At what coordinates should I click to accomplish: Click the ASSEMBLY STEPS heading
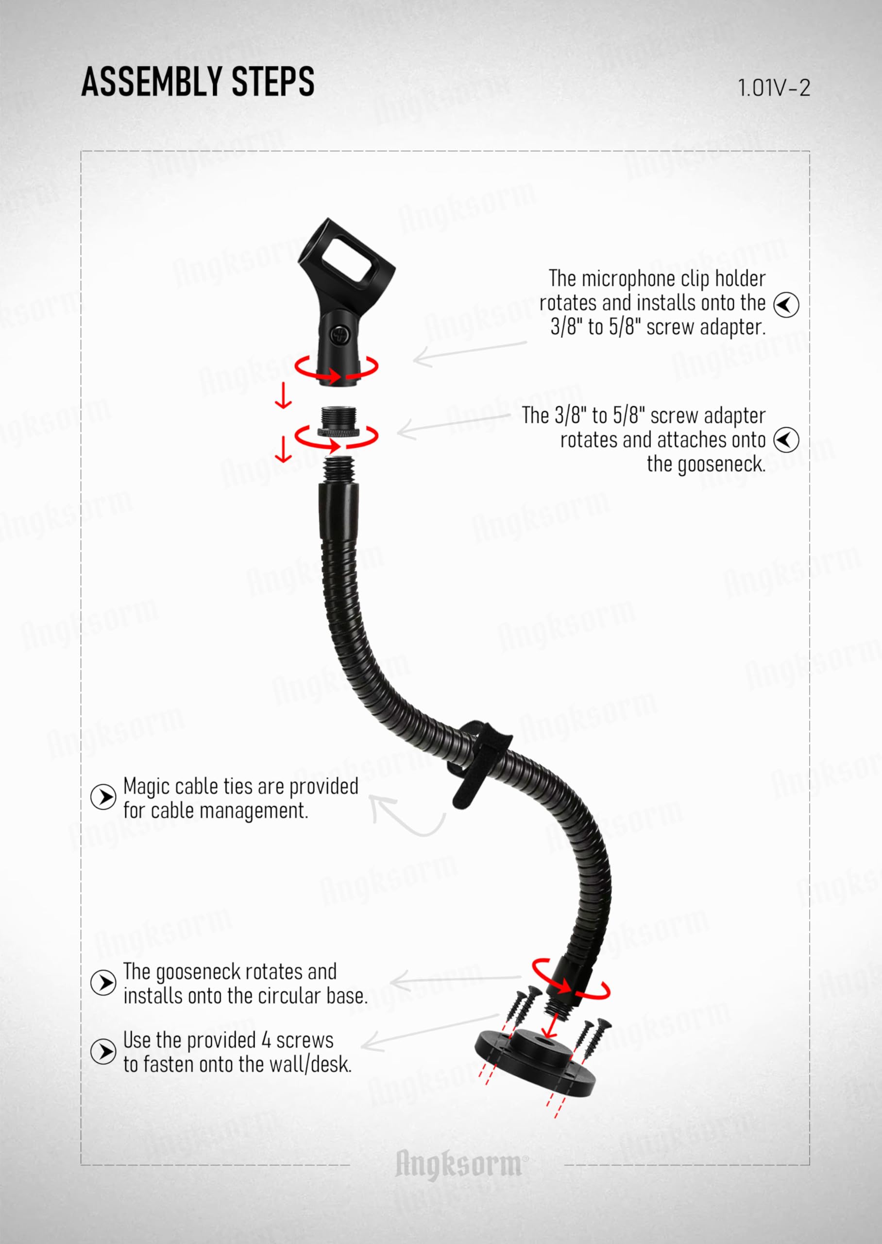coord(198,82)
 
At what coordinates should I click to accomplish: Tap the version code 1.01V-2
coord(773,88)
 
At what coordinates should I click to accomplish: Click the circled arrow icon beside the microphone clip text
coord(786,304)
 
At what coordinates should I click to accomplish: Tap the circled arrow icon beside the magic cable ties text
coord(103,797)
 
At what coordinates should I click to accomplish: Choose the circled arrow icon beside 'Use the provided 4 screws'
coord(103,1051)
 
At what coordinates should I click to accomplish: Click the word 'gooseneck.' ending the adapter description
coord(706,465)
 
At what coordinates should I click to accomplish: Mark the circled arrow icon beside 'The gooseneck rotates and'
coord(103,983)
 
